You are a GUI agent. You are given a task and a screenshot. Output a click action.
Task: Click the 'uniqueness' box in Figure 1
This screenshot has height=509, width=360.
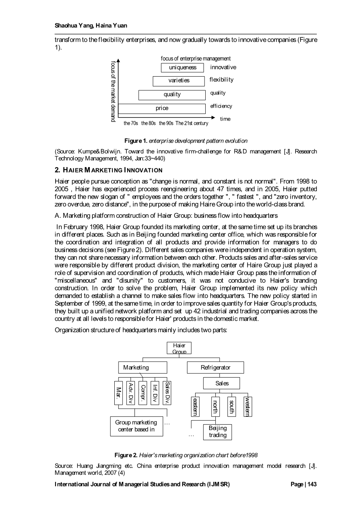[182, 68]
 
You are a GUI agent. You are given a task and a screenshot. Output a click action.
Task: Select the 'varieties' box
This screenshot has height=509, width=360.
[178, 81]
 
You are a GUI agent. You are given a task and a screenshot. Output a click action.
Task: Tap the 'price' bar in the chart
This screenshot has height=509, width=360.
[162, 108]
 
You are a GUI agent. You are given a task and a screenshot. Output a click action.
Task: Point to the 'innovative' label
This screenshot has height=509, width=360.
[223, 67]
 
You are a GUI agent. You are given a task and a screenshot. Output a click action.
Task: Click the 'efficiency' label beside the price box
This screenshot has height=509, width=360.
[221, 106]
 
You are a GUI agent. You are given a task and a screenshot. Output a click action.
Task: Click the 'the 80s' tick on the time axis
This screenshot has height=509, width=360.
[149, 123]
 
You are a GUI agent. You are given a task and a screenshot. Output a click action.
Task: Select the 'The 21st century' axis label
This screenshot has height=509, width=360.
[192, 123]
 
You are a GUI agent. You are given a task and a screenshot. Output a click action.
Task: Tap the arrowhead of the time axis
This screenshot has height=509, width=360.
[212, 117]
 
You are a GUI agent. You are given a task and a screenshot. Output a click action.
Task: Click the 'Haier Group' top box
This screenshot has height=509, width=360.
[179, 348]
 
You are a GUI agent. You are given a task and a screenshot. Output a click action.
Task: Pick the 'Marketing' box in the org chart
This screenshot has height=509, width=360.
[143, 367]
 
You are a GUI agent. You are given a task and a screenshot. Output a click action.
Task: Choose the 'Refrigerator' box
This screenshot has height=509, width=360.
[215, 367]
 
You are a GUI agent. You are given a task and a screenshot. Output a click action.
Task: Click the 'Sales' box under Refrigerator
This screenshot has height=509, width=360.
[222, 383]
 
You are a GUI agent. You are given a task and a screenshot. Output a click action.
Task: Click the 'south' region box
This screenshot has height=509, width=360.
[231, 406]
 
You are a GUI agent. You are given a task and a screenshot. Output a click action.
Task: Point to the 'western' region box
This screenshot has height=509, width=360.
[247, 406]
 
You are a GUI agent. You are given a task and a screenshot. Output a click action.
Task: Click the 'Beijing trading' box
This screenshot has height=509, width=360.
[217, 432]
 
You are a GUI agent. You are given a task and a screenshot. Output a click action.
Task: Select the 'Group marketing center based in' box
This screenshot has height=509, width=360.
[136, 426]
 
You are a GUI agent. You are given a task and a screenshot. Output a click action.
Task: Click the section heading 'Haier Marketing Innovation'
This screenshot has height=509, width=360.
[108, 170]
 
